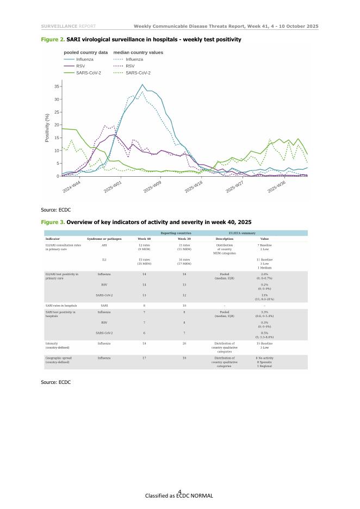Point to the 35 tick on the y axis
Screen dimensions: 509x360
[x=57, y=86]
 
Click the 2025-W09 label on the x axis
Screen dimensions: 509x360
[x=153, y=188]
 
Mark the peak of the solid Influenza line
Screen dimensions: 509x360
[x=142, y=84]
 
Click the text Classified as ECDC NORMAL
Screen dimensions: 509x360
[x=179, y=496]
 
